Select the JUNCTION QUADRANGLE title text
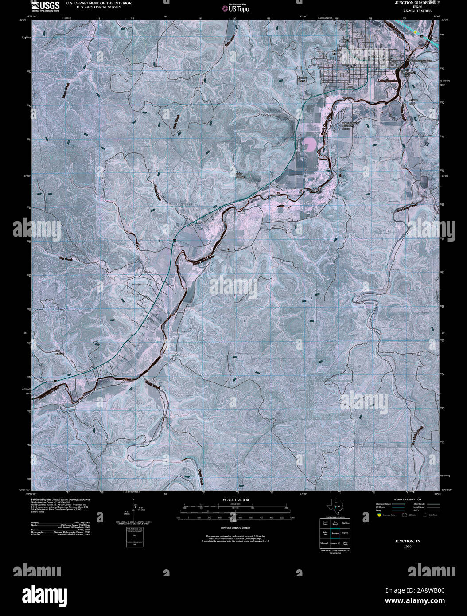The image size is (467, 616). (x=411, y=3)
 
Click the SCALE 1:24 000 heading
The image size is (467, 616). (x=233, y=500)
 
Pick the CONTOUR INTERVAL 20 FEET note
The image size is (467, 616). (x=233, y=528)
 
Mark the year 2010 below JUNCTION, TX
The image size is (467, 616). (x=408, y=546)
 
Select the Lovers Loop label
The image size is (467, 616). (x=413, y=101)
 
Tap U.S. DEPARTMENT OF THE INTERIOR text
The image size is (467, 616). (x=93, y=3)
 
